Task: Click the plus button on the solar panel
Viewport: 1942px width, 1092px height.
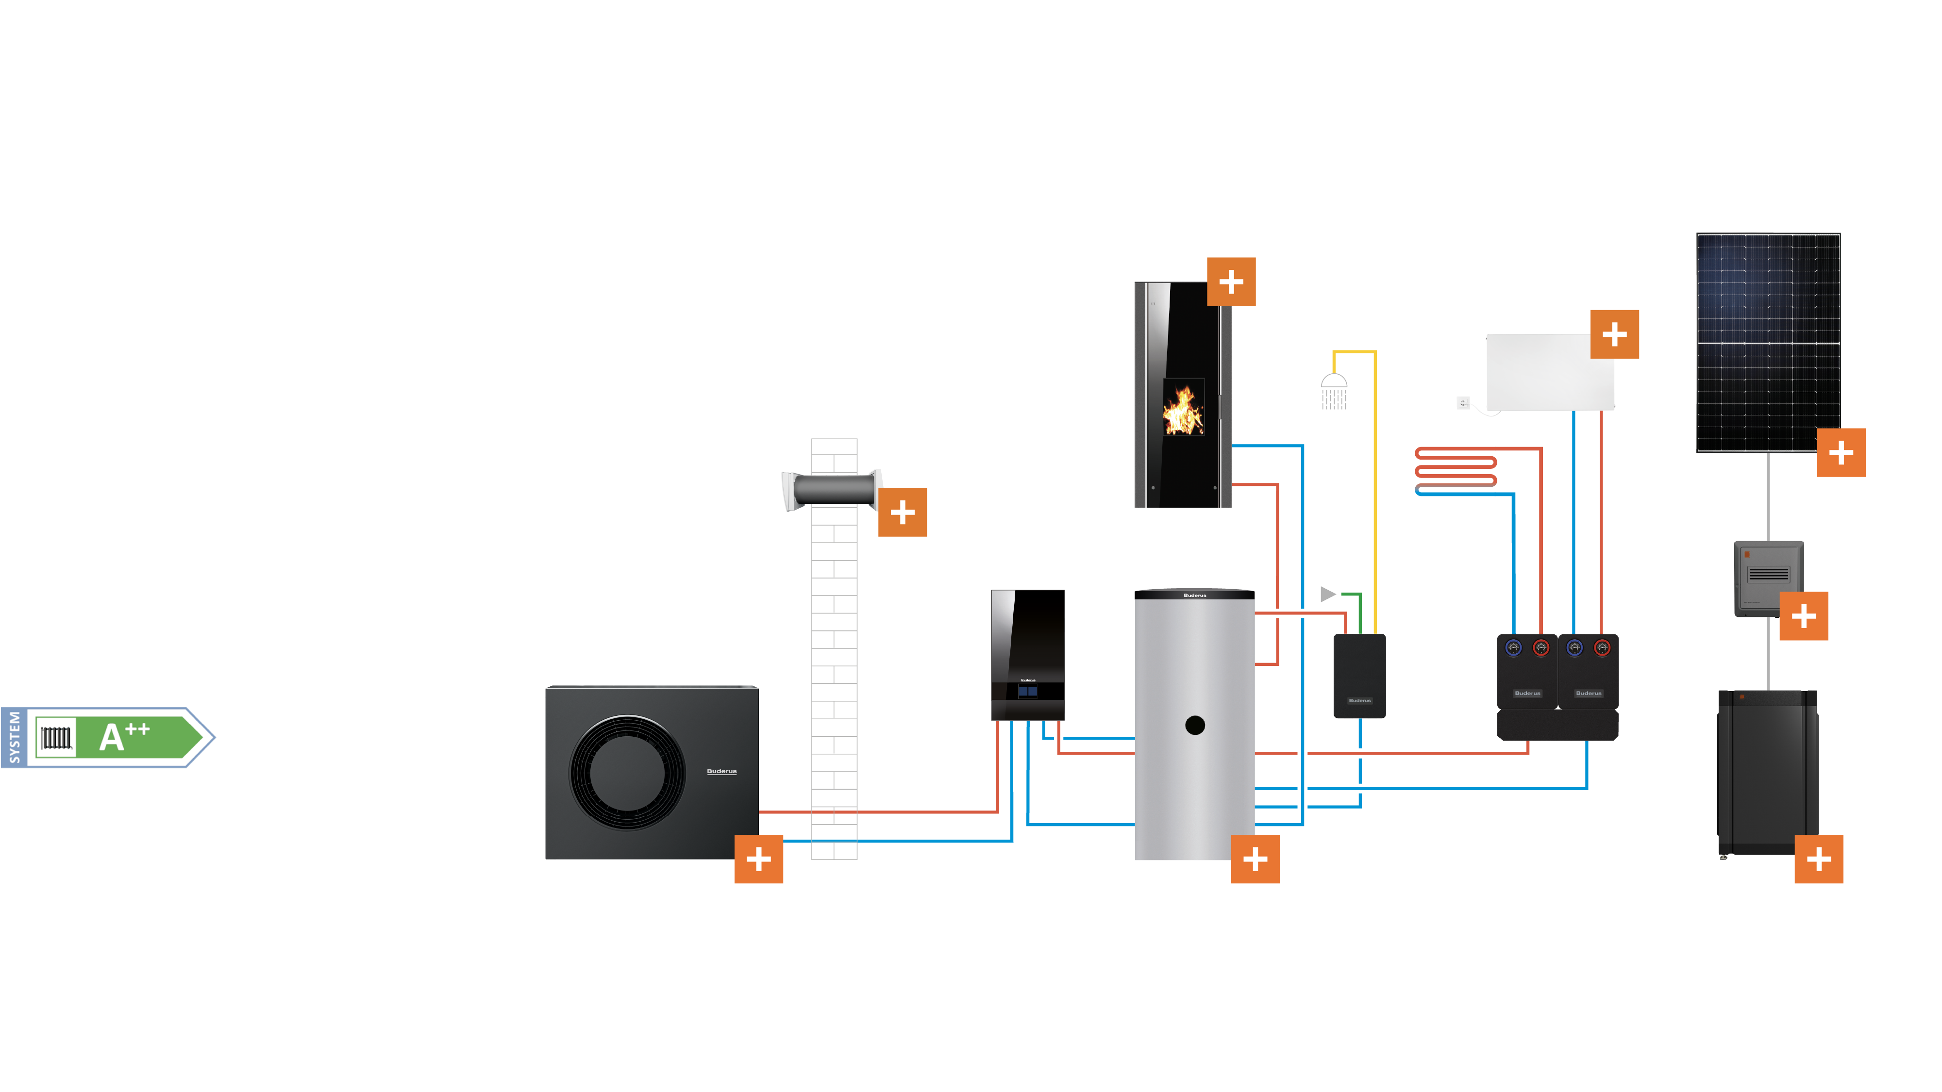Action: [1840, 453]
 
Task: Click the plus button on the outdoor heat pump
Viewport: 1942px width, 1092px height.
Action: [758, 859]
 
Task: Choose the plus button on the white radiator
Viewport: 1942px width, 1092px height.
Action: [1614, 334]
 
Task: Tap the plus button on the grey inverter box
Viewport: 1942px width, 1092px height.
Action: [1803, 616]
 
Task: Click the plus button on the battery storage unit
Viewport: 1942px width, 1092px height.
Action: [1818, 859]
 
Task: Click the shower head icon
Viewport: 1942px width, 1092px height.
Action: [1334, 390]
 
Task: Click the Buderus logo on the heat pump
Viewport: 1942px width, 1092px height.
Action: [721, 772]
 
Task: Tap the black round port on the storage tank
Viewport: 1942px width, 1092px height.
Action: [1195, 725]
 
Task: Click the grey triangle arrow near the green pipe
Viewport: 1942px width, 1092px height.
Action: [1327, 594]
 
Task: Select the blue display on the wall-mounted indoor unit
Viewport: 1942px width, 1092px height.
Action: [1027, 691]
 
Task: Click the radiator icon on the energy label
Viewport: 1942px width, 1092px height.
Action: [56, 738]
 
